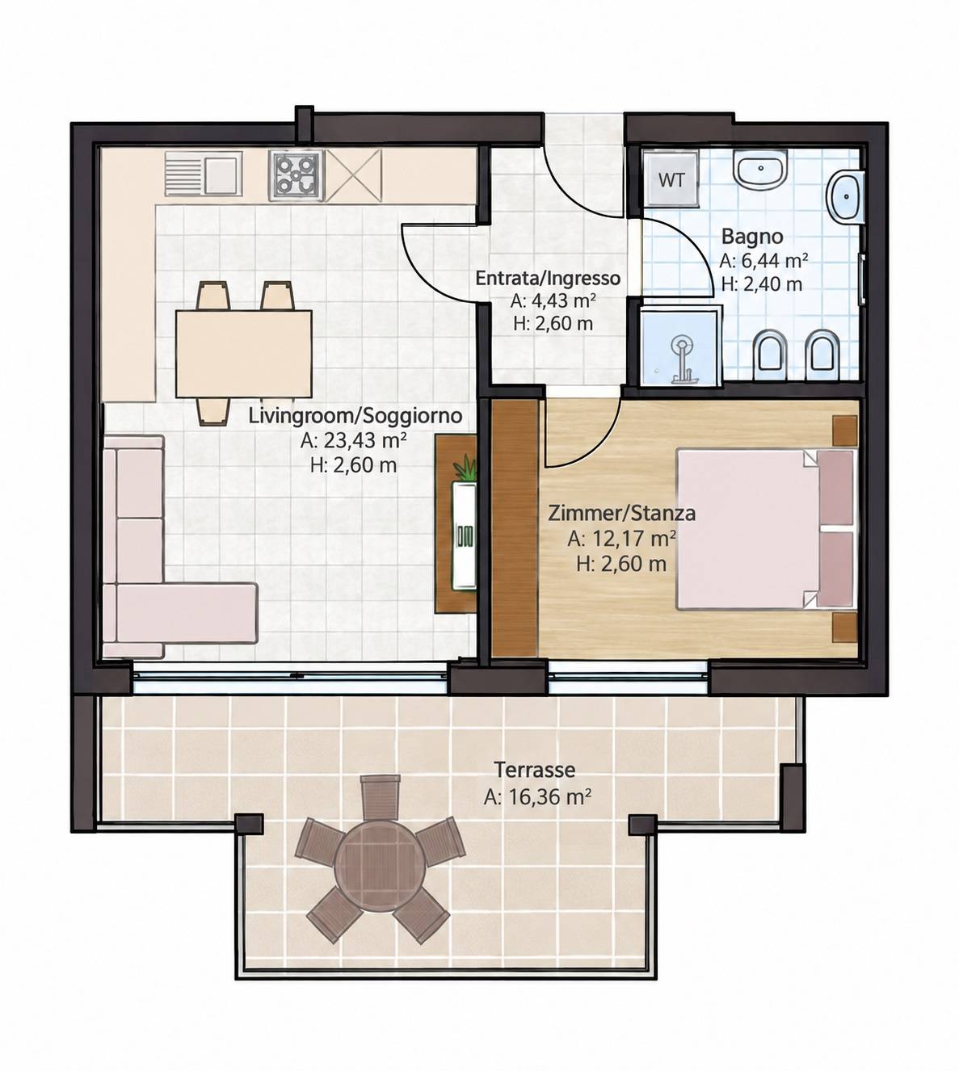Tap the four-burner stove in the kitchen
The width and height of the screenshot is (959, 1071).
297,175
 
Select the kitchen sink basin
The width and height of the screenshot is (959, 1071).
223,174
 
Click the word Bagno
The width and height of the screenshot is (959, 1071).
752,236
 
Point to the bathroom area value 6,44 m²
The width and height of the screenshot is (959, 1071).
763,260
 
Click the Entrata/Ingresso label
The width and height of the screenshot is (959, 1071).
548,278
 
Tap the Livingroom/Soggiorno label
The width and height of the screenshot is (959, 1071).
355,415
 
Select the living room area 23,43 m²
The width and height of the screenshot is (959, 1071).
353,440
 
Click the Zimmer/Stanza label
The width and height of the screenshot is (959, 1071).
621,514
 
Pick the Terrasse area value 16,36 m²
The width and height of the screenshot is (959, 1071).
537,796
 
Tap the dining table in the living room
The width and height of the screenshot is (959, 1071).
244,354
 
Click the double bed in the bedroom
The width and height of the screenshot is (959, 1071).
767,529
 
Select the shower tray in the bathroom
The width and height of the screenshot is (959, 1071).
680,347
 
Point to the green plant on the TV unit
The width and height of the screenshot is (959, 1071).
465,469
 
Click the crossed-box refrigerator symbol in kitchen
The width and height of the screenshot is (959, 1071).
353,175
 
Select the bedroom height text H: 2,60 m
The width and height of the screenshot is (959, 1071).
621,564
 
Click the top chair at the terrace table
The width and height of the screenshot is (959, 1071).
379,796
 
